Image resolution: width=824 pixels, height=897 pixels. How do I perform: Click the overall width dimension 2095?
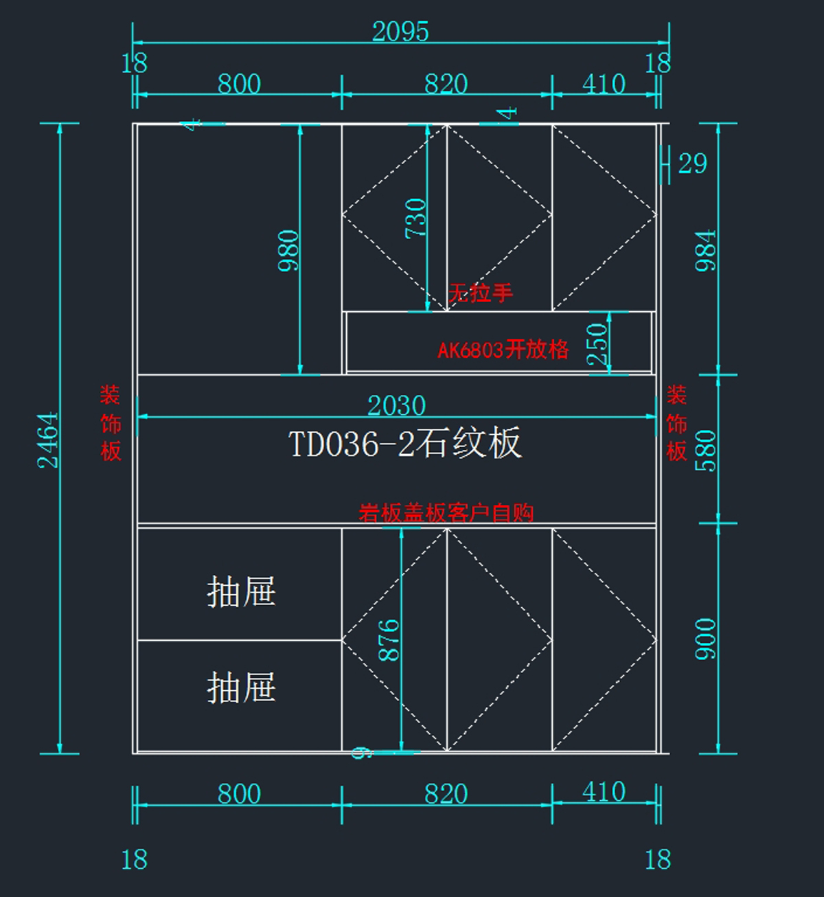pos(400,32)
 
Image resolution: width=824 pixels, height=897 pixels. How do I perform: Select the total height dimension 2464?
pos(48,440)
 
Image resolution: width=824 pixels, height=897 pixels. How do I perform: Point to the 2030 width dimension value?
pos(396,405)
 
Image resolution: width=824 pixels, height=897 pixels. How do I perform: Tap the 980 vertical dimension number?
pos(289,251)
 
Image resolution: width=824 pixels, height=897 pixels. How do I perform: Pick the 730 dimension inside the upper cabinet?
pos(416,218)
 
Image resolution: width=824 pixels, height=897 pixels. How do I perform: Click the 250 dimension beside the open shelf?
pos(597,343)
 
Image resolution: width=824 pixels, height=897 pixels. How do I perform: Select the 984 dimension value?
pos(705,251)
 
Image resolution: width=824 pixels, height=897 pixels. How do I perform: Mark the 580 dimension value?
pos(705,451)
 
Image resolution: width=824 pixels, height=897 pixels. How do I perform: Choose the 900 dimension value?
pos(705,639)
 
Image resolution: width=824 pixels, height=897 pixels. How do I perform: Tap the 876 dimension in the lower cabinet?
pos(389,640)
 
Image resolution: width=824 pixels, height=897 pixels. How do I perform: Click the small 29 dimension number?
pos(692,163)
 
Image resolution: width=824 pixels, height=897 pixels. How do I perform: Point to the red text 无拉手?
pos(481,293)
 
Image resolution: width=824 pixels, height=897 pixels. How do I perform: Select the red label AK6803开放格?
pos(503,350)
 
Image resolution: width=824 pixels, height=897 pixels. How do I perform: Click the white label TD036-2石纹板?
pos(404,443)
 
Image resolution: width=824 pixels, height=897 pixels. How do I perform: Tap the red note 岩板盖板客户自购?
pos(446,512)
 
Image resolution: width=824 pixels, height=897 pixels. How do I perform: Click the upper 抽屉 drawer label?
pos(241,591)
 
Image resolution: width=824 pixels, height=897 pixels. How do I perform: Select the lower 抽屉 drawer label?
pos(241,687)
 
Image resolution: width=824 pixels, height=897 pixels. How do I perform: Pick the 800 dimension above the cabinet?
pos(239,84)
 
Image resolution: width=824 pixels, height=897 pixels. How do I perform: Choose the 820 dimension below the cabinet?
pos(446,794)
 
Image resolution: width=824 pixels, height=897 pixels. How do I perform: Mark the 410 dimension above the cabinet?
pos(604,84)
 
